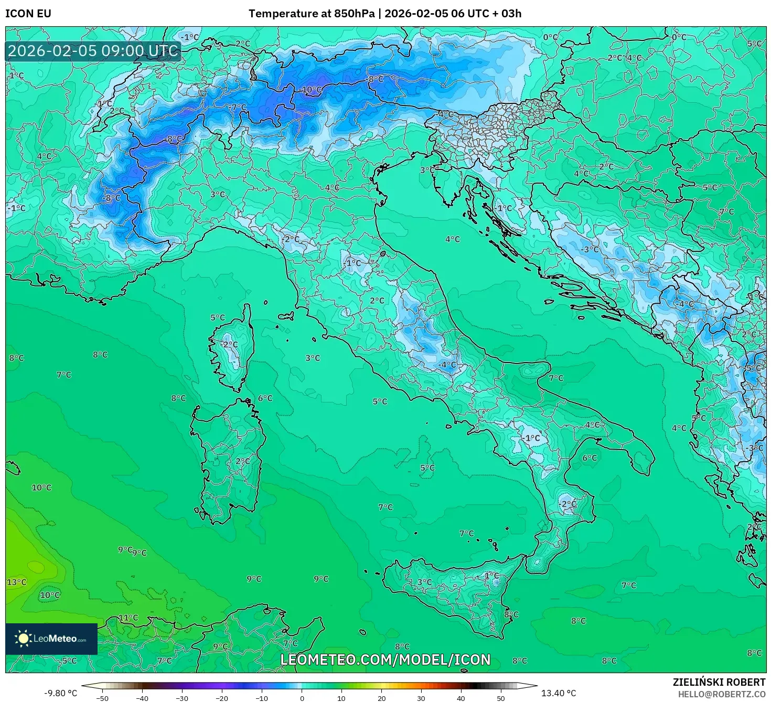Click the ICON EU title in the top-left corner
click(28, 14)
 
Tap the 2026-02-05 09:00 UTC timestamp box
click(93, 51)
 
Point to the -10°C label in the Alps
click(312, 90)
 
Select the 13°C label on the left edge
click(16, 582)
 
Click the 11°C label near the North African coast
click(128, 618)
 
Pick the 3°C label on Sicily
click(424, 582)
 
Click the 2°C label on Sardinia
click(242, 461)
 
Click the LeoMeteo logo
click(51, 639)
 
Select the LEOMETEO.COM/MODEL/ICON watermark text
click(385, 660)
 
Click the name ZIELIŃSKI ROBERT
click(719, 682)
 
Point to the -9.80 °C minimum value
click(60, 693)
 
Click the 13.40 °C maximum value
click(558, 693)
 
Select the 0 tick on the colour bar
click(302, 698)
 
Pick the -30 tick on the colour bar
click(181, 698)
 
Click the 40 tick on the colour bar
click(461, 698)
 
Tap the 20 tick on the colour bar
click(381, 698)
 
